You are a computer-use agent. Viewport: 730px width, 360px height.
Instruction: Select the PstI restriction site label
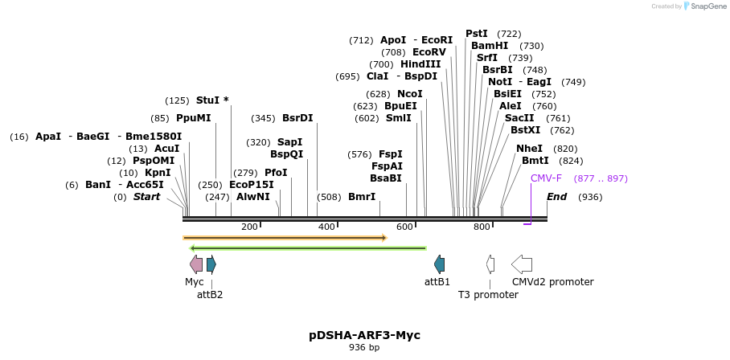click(477, 34)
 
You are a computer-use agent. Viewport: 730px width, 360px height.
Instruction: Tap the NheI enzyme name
click(530, 149)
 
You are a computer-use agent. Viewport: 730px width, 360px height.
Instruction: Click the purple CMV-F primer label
click(546, 178)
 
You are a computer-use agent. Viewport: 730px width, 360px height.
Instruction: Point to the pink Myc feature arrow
click(196, 264)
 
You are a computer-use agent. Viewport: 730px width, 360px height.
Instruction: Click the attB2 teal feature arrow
click(211, 264)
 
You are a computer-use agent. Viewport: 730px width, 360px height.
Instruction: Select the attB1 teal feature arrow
click(439, 264)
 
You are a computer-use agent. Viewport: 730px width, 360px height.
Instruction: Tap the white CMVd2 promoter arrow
click(522, 264)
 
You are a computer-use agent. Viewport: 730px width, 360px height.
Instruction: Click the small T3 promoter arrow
click(490, 264)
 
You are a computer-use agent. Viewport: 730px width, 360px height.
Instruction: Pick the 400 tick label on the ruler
click(326, 227)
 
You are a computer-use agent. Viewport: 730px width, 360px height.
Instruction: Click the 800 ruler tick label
click(482, 227)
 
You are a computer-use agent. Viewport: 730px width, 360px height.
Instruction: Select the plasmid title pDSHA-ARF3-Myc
click(364, 335)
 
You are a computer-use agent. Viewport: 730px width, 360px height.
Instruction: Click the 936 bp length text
click(364, 348)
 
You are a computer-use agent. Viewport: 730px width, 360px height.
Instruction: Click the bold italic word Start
click(146, 197)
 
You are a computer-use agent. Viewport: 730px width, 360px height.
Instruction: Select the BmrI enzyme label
click(362, 197)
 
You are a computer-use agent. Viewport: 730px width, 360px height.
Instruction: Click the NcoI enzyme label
click(410, 94)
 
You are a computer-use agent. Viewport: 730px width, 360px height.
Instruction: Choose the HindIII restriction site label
click(420, 64)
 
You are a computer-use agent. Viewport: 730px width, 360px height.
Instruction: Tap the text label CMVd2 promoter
click(552, 282)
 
